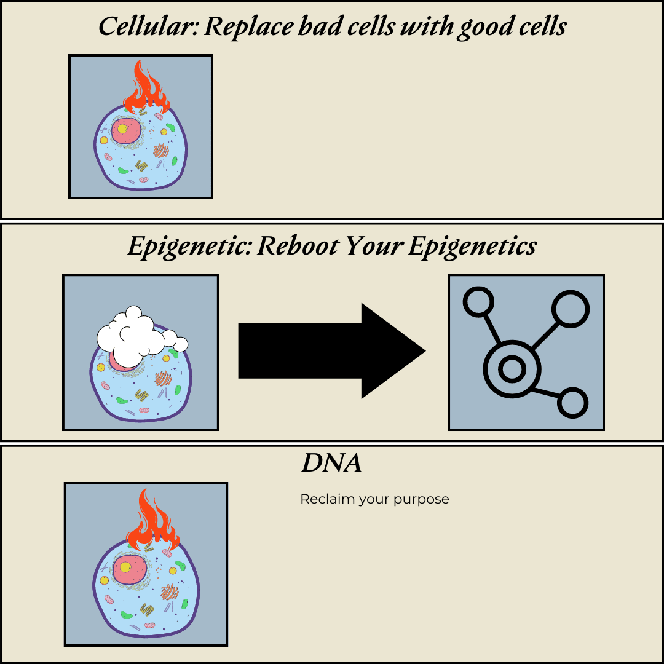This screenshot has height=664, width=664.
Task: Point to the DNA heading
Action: tap(331, 463)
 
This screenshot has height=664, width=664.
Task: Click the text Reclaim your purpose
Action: tap(374, 499)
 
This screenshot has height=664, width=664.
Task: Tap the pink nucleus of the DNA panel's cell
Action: tap(127, 567)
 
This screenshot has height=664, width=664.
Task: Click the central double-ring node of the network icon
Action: tap(512, 370)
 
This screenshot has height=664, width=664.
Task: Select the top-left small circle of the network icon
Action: tap(478, 303)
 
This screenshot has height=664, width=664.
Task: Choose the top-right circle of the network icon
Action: tap(570, 307)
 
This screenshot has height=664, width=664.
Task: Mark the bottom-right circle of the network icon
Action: tap(572, 403)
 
